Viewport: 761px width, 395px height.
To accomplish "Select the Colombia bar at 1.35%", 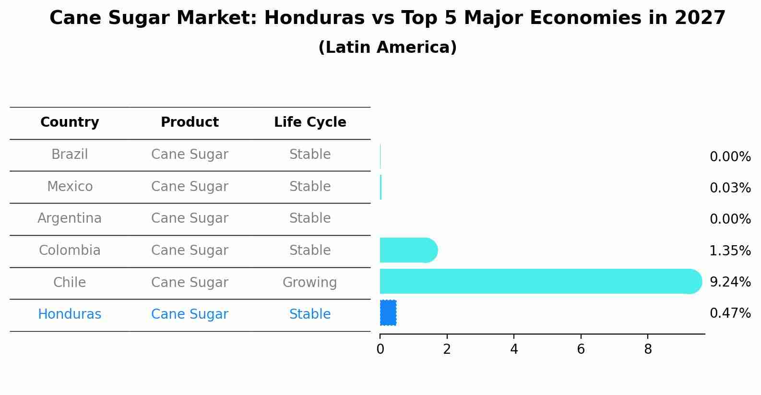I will (x=408, y=250).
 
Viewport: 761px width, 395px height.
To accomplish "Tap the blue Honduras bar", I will (x=388, y=313).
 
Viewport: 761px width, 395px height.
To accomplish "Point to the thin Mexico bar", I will (x=381, y=187).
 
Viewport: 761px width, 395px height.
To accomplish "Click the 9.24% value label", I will (x=730, y=282).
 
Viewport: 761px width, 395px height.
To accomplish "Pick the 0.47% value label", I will (x=730, y=313).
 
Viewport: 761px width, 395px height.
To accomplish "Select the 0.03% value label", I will (x=730, y=188).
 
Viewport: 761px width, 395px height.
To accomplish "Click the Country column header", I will (x=70, y=122).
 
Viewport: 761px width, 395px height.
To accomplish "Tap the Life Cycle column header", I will (x=310, y=122).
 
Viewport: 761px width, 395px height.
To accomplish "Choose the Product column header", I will (x=190, y=122).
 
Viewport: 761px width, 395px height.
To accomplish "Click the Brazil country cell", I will (x=70, y=155).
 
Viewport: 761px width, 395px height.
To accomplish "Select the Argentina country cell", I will (x=70, y=218).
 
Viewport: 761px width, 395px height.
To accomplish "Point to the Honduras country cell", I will (x=70, y=314).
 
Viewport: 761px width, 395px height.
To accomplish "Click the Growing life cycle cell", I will (x=309, y=282).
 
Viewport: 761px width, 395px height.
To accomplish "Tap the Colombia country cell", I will (x=70, y=251).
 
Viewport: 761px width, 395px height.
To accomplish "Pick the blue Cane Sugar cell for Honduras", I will (x=190, y=314).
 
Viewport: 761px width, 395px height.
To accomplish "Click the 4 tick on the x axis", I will (x=514, y=349).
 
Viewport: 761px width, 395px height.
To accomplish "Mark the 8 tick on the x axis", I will (x=648, y=349).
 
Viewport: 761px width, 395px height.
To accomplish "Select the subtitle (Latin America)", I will (x=387, y=48).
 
